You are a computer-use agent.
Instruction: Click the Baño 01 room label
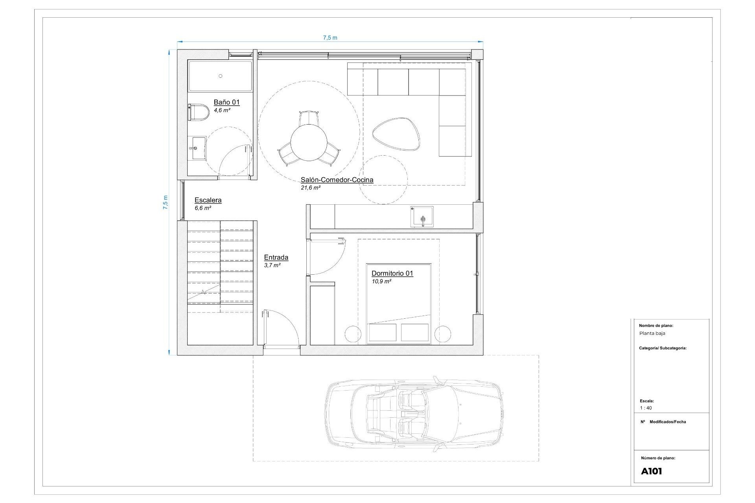coord(226,102)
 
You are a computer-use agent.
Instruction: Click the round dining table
coord(309,143)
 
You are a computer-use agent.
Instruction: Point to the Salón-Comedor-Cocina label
coord(337,180)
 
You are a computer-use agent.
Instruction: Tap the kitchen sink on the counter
coord(422,217)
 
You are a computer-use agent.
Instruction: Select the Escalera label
coord(208,200)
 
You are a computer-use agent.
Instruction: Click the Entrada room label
coord(276,258)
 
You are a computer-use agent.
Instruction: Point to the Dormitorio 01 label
coord(392,274)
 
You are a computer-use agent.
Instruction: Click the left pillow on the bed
coord(382,332)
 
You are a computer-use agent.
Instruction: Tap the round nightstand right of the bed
coord(443,334)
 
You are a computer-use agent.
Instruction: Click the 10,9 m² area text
coord(381,282)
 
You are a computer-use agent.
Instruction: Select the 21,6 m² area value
coord(311,188)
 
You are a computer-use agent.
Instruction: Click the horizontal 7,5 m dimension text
coord(330,38)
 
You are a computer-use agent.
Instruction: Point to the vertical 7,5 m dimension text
coord(166,202)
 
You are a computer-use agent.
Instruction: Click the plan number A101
coord(652,472)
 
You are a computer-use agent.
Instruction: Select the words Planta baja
coord(652,333)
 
